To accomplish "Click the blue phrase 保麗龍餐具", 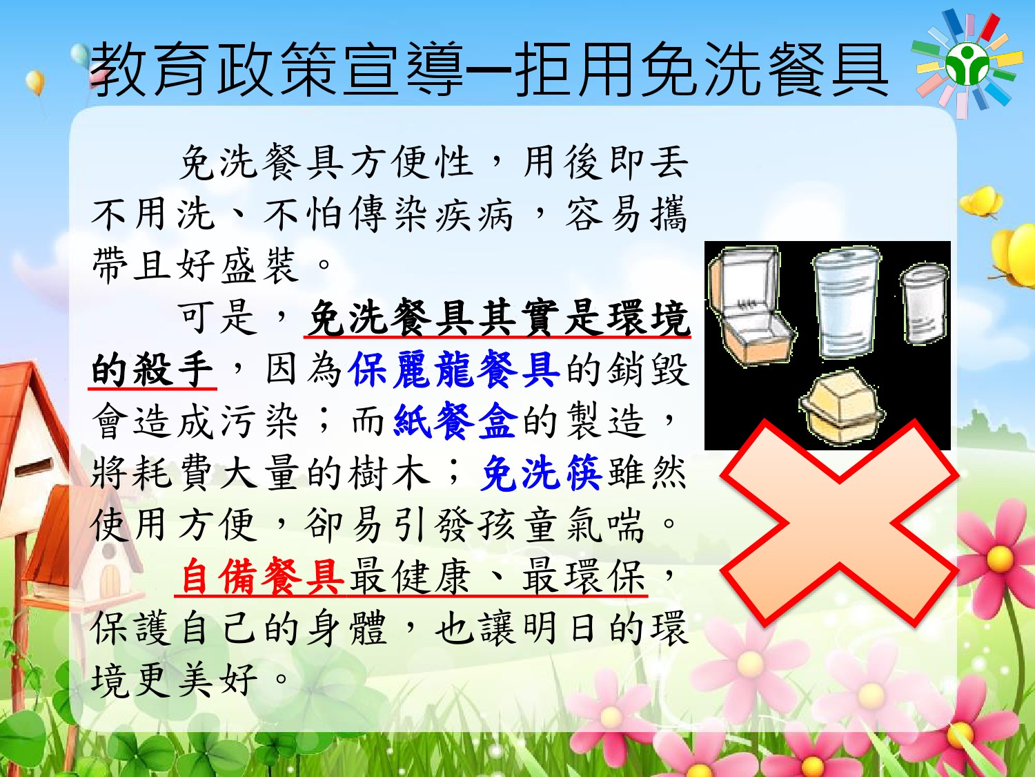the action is coord(453,370).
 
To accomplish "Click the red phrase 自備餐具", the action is coord(262,576).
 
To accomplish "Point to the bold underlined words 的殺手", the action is coord(152,370).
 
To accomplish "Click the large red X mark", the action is coord(840,523).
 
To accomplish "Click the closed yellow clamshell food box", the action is coord(842,407).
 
